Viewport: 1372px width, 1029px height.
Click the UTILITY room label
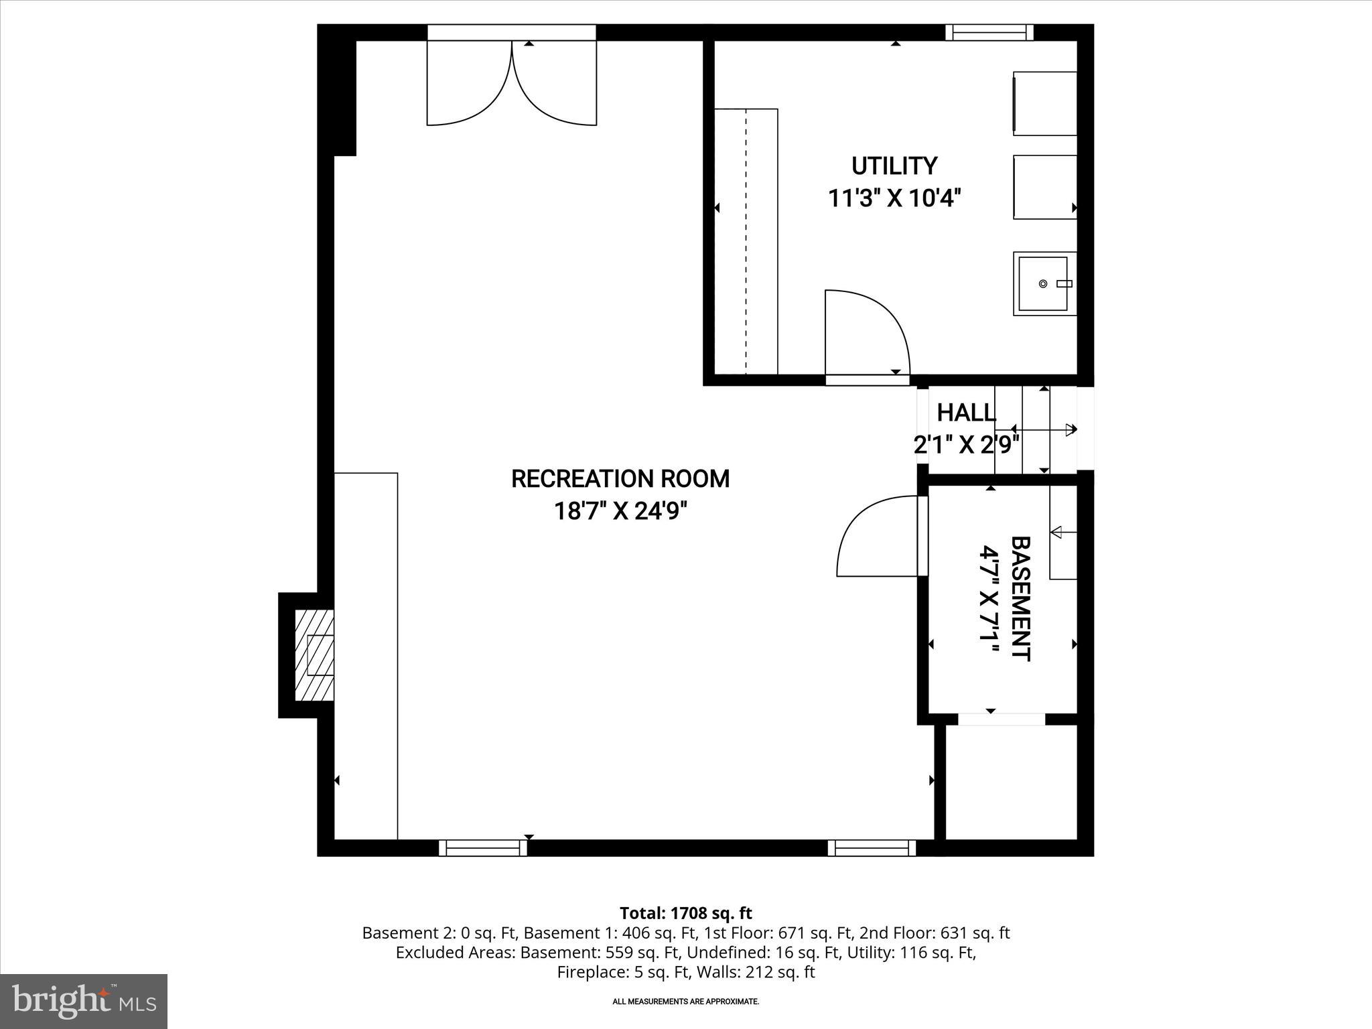894,165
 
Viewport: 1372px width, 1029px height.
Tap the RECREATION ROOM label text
620,479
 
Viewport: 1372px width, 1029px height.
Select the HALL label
965,413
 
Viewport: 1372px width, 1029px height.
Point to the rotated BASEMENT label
1020,598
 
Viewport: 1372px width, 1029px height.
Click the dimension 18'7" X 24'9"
620,512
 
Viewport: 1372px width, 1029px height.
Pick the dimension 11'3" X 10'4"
894,199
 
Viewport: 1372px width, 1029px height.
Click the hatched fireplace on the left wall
315,655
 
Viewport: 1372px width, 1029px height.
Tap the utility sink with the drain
1043,284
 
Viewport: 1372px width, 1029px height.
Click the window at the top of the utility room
989,32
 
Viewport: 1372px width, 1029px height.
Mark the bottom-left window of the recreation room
483,848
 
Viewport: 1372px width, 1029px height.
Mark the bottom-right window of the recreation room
872,848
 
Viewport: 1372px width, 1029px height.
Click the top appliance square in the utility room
1044,103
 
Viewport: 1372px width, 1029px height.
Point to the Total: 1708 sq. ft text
685,913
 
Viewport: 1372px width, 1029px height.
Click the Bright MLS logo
84,1002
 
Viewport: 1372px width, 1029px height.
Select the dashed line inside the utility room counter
746,241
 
